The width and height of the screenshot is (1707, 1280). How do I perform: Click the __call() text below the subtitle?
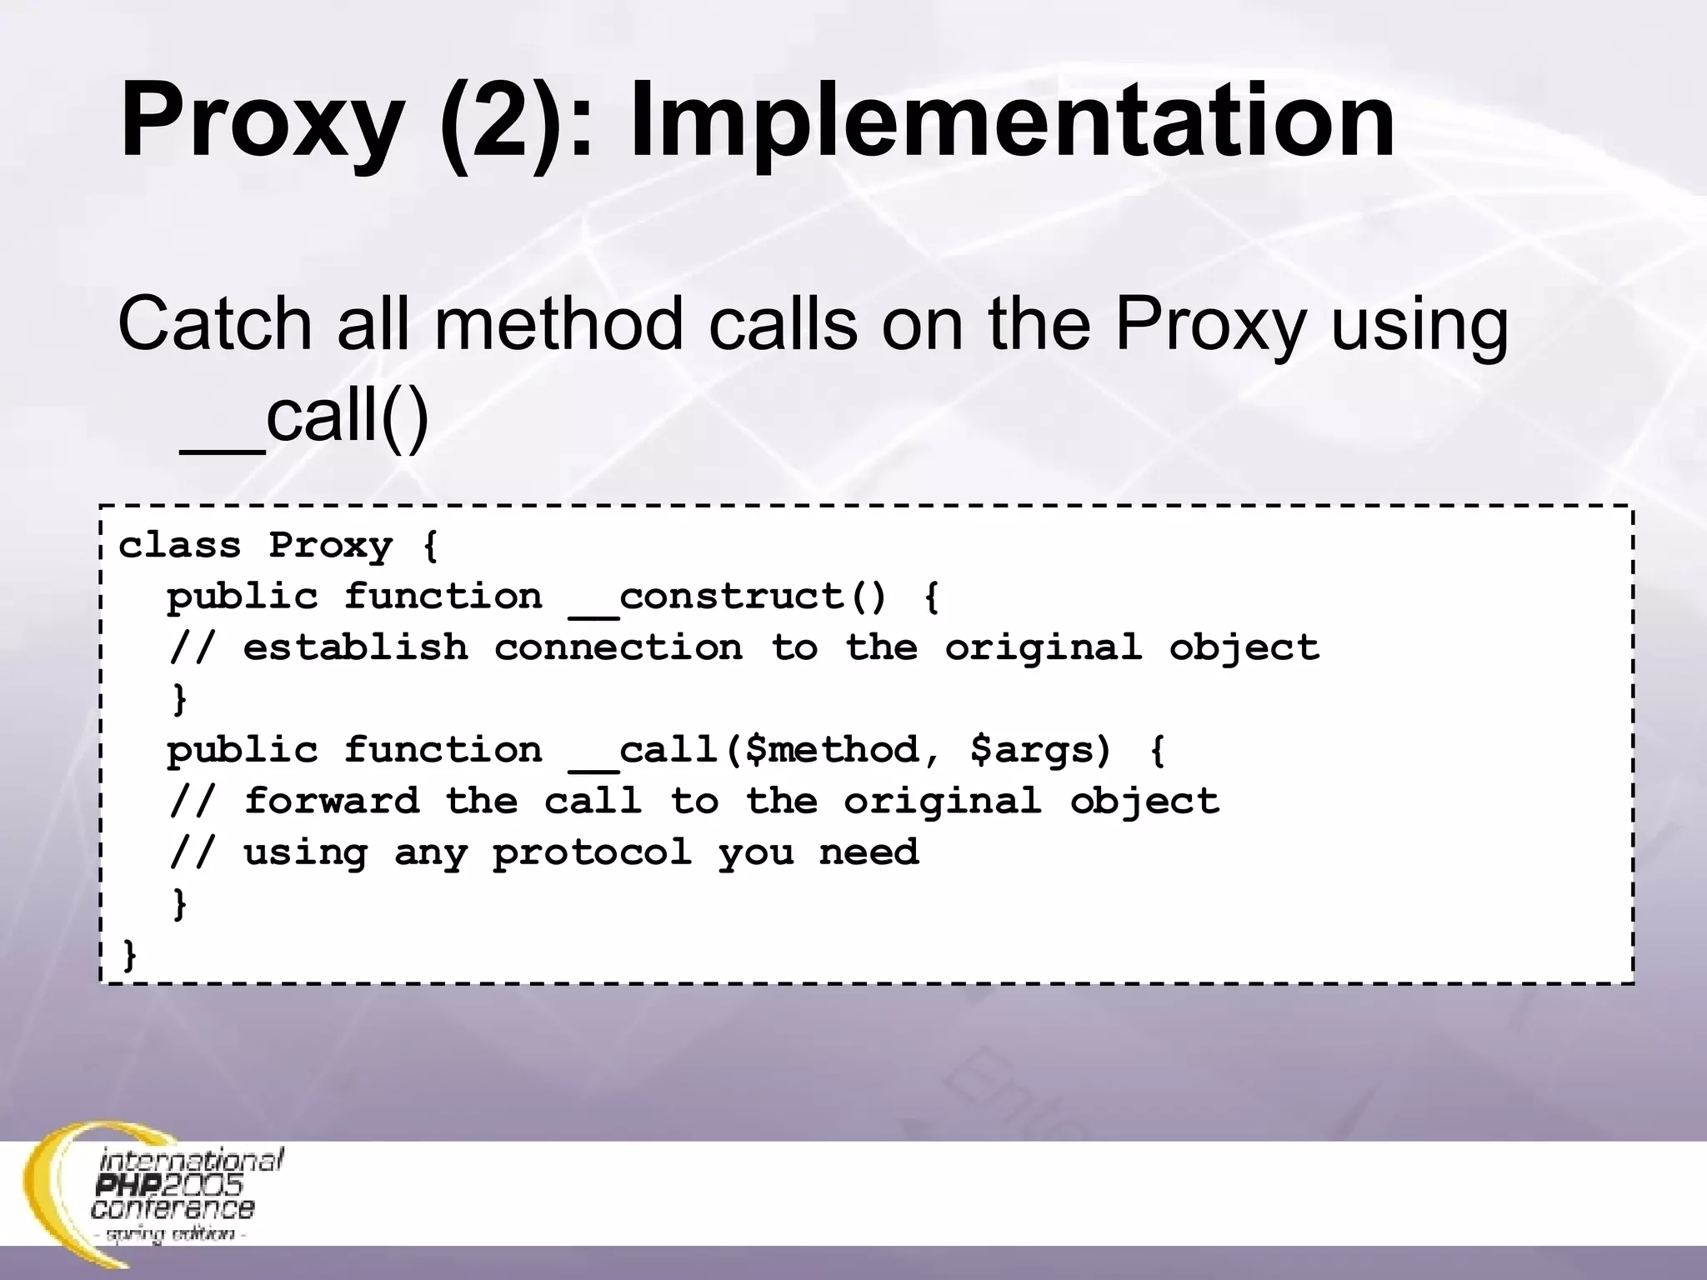click(305, 417)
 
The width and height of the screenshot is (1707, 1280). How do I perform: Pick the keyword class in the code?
click(179, 546)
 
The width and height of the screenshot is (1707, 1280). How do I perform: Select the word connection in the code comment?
click(618, 647)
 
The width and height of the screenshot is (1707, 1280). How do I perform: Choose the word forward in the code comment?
click(332, 801)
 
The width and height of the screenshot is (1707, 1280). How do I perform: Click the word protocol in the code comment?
click(592, 852)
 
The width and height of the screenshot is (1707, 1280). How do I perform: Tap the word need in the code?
click(869, 852)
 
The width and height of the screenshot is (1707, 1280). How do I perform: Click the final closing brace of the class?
click(129, 955)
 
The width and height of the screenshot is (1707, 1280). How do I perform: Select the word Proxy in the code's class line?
click(330, 547)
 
